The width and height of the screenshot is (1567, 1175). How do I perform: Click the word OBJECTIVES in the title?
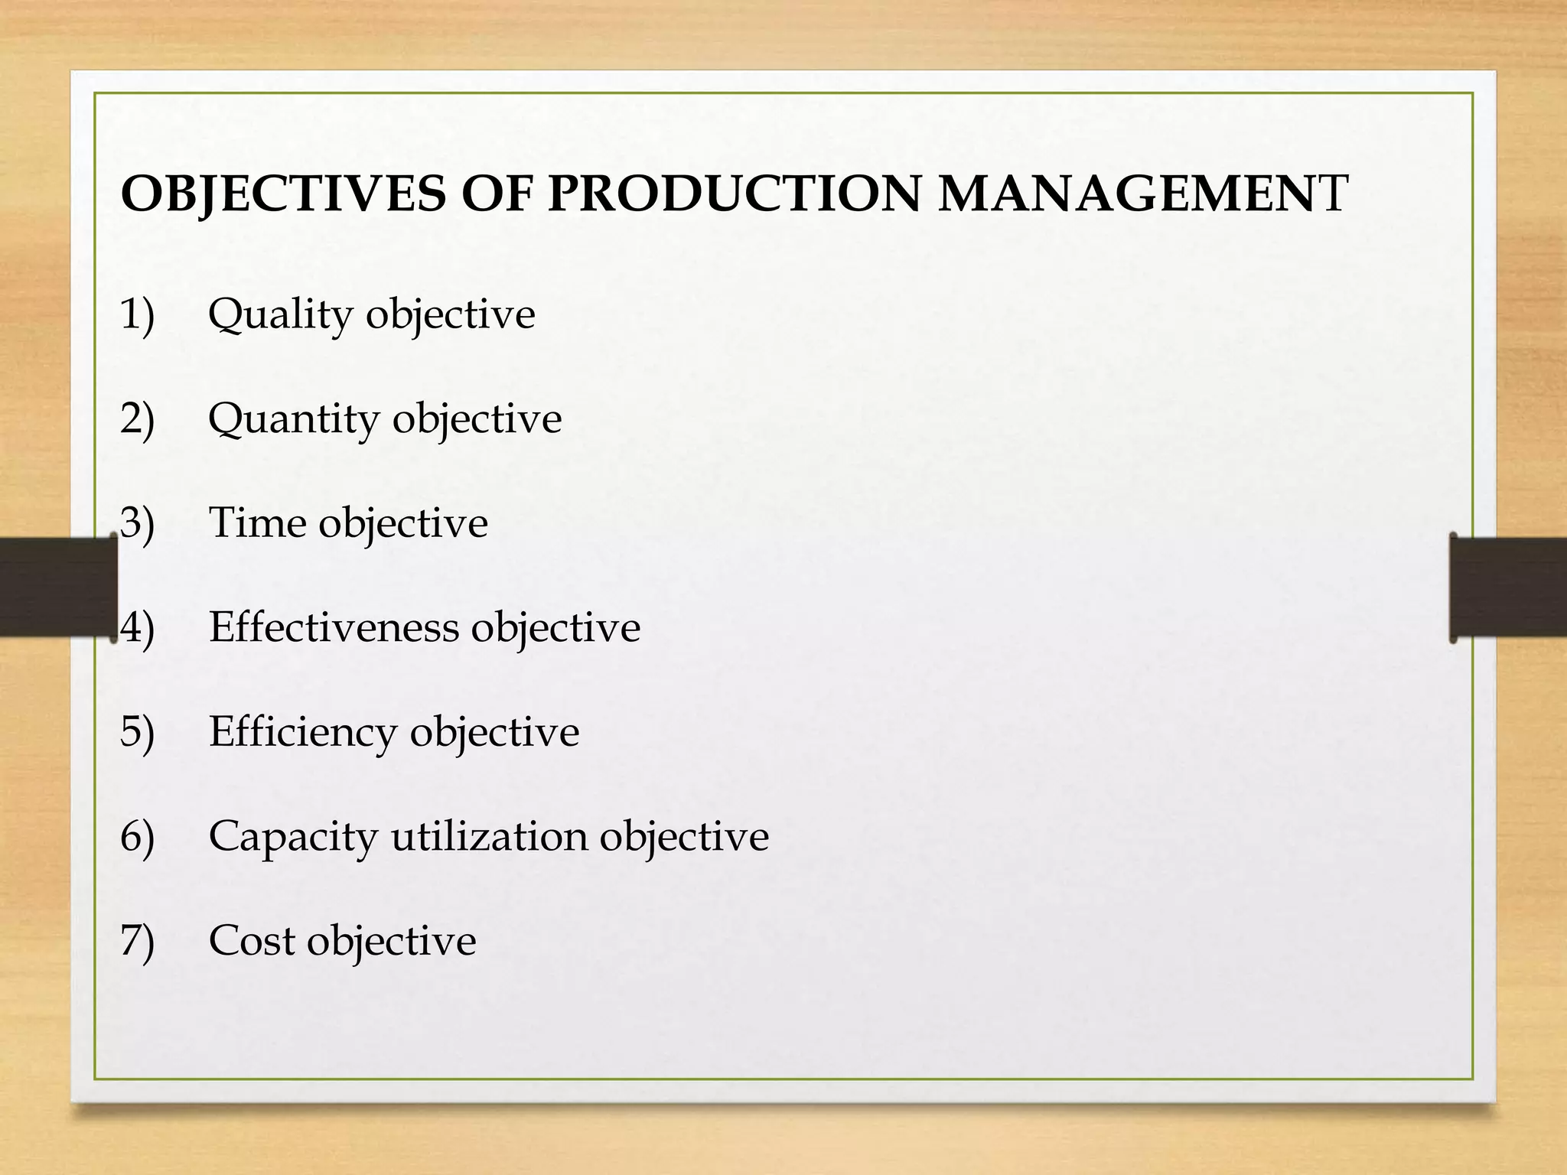click(x=282, y=194)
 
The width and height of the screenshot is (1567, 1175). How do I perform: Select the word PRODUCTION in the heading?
click(x=735, y=194)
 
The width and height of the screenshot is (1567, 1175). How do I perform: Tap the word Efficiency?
click(x=302, y=733)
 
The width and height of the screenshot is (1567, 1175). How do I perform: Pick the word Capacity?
click(x=292, y=837)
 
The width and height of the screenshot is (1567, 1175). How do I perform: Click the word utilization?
click(x=488, y=836)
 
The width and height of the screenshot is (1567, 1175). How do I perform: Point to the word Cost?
click(x=252, y=940)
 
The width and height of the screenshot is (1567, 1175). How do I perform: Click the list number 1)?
click(x=138, y=315)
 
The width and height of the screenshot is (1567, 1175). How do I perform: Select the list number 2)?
click(x=138, y=419)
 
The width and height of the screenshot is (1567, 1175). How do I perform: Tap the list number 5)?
click(x=138, y=732)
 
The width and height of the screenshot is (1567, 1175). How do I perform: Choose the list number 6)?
click(x=138, y=836)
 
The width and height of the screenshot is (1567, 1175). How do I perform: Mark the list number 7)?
click(x=138, y=941)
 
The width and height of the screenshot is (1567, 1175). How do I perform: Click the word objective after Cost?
click(x=391, y=942)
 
